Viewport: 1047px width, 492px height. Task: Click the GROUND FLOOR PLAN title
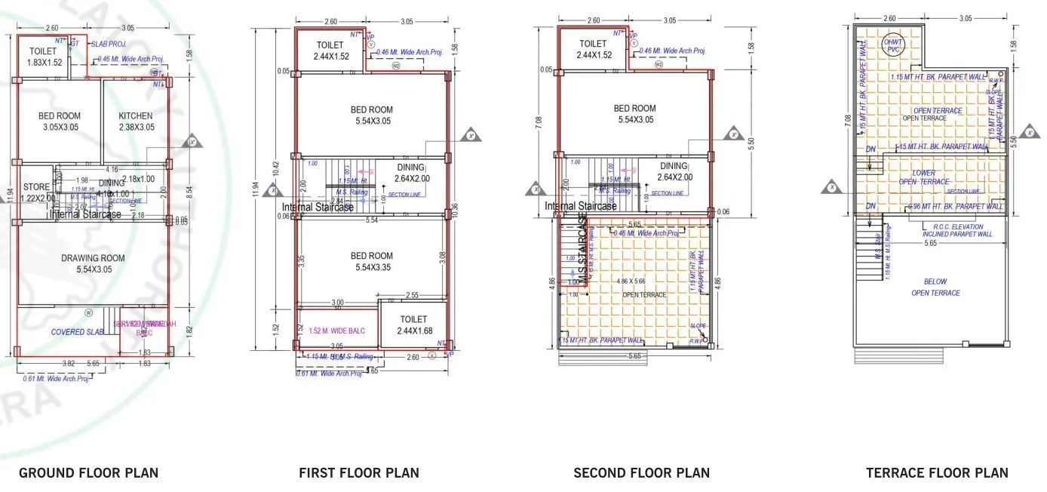tap(88, 473)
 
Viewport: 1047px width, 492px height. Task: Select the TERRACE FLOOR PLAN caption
tap(936, 473)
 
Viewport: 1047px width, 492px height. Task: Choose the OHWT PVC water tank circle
tap(895, 45)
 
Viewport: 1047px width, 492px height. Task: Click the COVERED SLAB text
tap(78, 332)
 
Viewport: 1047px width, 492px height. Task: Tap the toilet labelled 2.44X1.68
tap(414, 325)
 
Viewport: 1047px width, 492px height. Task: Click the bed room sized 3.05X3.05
tap(60, 121)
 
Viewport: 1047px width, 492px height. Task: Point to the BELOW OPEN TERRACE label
tap(935, 287)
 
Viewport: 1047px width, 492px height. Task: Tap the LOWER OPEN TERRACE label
tap(923, 177)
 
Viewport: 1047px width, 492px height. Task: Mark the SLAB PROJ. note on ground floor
tap(109, 45)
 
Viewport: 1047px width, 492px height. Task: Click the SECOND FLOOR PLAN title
tap(641, 473)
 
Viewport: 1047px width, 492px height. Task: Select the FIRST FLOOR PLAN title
tap(358, 473)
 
